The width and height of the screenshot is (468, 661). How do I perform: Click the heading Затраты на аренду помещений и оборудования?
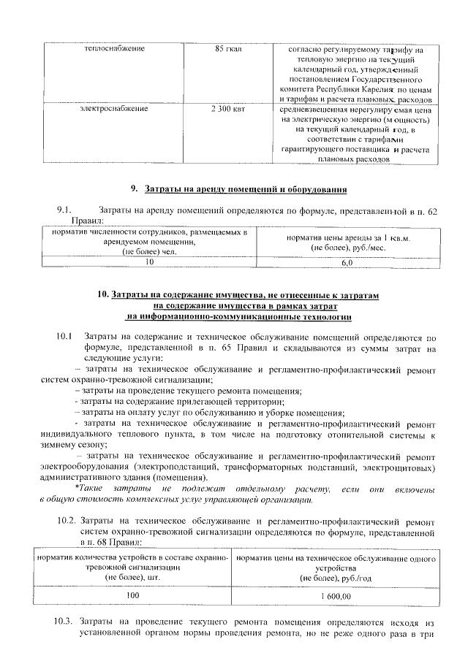tap(245, 190)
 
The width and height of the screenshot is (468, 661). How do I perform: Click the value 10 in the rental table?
tap(150, 261)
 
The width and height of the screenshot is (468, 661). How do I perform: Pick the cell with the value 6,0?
tap(347, 261)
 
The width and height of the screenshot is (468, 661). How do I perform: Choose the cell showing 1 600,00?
tap(336, 596)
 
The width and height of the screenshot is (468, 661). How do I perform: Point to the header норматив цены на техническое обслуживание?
tap(336, 558)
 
